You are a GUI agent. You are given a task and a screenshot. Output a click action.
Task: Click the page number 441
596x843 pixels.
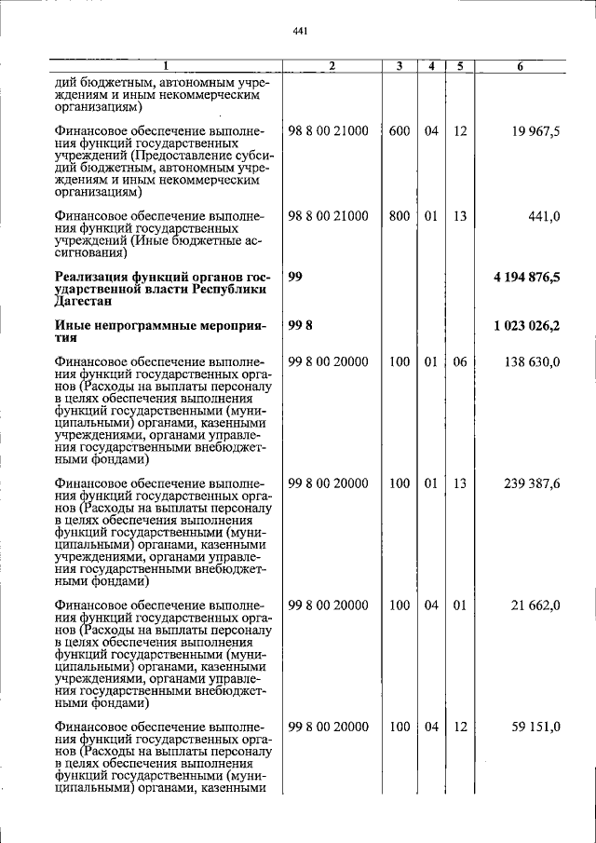(299, 32)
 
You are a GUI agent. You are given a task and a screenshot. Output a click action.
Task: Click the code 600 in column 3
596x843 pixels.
(400, 131)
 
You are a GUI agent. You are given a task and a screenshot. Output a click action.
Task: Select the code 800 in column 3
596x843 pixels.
(400, 216)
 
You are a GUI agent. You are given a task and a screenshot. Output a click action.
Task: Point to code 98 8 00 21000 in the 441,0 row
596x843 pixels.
(328, 216)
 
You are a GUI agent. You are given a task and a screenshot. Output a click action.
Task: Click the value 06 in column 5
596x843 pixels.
(459, 361)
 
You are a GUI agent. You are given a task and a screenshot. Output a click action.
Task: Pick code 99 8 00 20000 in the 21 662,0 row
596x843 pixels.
(328, 605)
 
